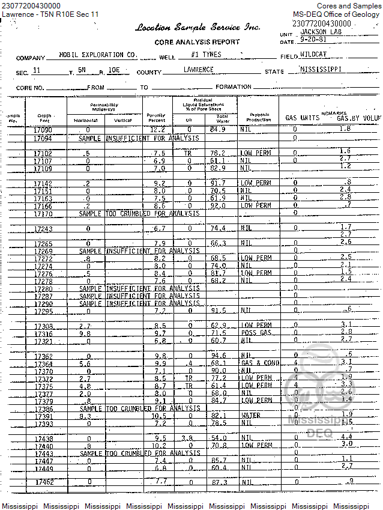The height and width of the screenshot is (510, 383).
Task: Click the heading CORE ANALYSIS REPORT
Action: [197, 42]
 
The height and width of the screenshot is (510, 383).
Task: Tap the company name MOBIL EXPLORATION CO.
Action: [98, 55]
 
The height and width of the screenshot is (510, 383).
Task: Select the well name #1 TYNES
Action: [205, 55]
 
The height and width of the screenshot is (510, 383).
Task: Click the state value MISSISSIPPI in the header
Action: [321, 69]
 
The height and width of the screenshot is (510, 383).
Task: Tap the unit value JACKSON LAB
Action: [318, 34]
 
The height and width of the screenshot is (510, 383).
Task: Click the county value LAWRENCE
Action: [198, 70]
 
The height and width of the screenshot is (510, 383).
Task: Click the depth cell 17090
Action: [43, 130]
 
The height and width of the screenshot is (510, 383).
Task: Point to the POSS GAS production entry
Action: [255, 333]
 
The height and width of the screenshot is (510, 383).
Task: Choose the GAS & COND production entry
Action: [259, 363]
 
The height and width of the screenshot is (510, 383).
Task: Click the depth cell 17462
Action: [44, 482]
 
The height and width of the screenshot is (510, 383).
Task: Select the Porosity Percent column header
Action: [157, 118]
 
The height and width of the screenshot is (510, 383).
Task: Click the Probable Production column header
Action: [259, 117]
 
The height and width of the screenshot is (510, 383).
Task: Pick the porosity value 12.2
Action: [157, 129]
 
